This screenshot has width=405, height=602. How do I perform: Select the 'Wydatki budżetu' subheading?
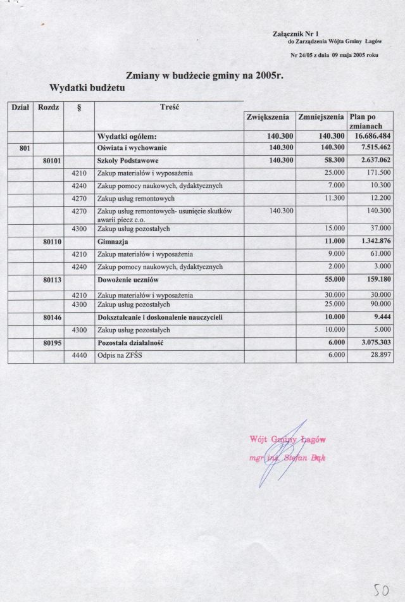[x=87, y=88]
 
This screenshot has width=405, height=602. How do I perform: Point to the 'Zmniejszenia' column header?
[x=321, y=117]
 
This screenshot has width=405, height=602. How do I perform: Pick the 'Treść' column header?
[x=170, y=107]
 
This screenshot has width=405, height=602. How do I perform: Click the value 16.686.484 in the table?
[x=371, y=136]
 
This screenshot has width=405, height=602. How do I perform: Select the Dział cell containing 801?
[x=20, y=148]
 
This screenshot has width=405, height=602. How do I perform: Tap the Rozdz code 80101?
[x=51, y=161]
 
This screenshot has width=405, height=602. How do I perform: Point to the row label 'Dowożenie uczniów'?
[x=127, y=280]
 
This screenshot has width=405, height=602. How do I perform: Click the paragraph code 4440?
[x=79, y=356]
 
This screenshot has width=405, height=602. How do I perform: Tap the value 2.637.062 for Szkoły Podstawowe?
[x=371, y=161]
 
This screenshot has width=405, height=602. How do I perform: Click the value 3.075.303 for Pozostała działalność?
[x=371, y=342]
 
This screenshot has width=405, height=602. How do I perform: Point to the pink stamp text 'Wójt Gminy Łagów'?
[x=283, y=440]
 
